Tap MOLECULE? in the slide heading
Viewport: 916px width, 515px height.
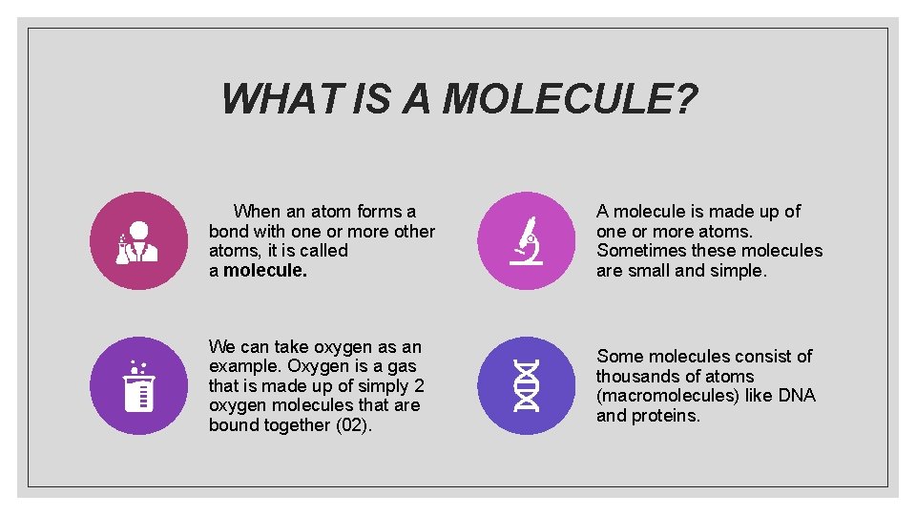point(570,98)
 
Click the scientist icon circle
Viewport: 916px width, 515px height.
point(139,241)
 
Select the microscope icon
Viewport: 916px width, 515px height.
point(527,241)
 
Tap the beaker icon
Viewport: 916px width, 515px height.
point(139,385)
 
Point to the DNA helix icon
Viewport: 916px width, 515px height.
point(527,385)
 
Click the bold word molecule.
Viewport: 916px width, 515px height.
point(265,271)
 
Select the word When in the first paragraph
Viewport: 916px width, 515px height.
point(257,212)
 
